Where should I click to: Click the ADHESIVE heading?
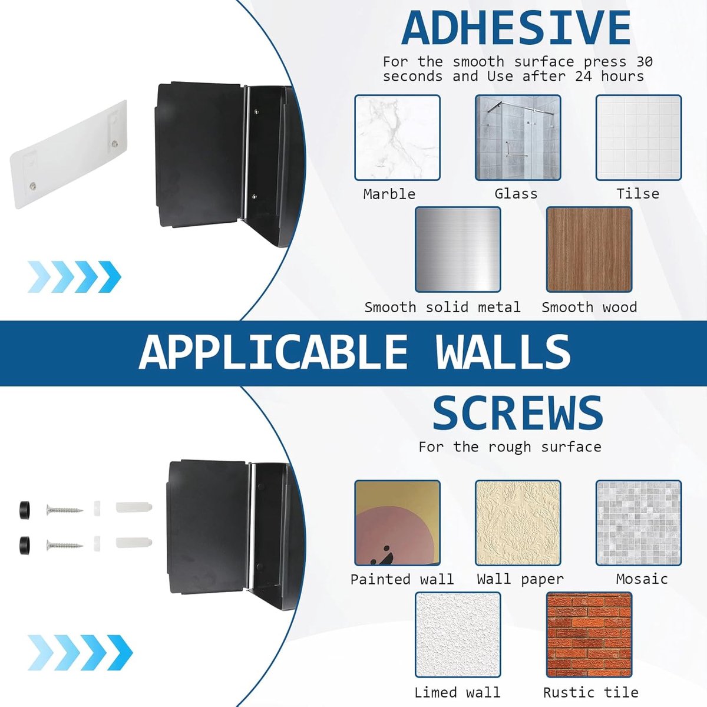click(x=516, y=28)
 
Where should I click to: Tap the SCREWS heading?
click(x=518, y=413)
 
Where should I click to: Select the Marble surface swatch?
click(x=397, y=138)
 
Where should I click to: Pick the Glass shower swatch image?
click(x=518, y=138)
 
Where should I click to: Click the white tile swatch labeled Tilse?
click(x=639, y=138)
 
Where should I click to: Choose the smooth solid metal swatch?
click(x=458, y=249)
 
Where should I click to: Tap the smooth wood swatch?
click(x=589, y=249)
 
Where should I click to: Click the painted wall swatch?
click(x=397, y=523)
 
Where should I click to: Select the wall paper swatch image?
click(x=518, y=523)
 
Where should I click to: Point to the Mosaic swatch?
click(x=639, y=523)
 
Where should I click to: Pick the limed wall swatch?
click(x=458, y=635)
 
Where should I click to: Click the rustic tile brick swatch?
click(x=589, y=635)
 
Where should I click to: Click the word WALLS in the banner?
click(x=503, y=353)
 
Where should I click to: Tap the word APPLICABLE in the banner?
click(x=273, y=353)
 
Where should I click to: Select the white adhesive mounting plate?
click(x=68, y=154)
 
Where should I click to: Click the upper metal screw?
click(x=65, y=510)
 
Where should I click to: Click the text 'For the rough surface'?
click(x=510, y=447)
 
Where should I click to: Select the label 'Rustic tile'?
click(x=591, y=692)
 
